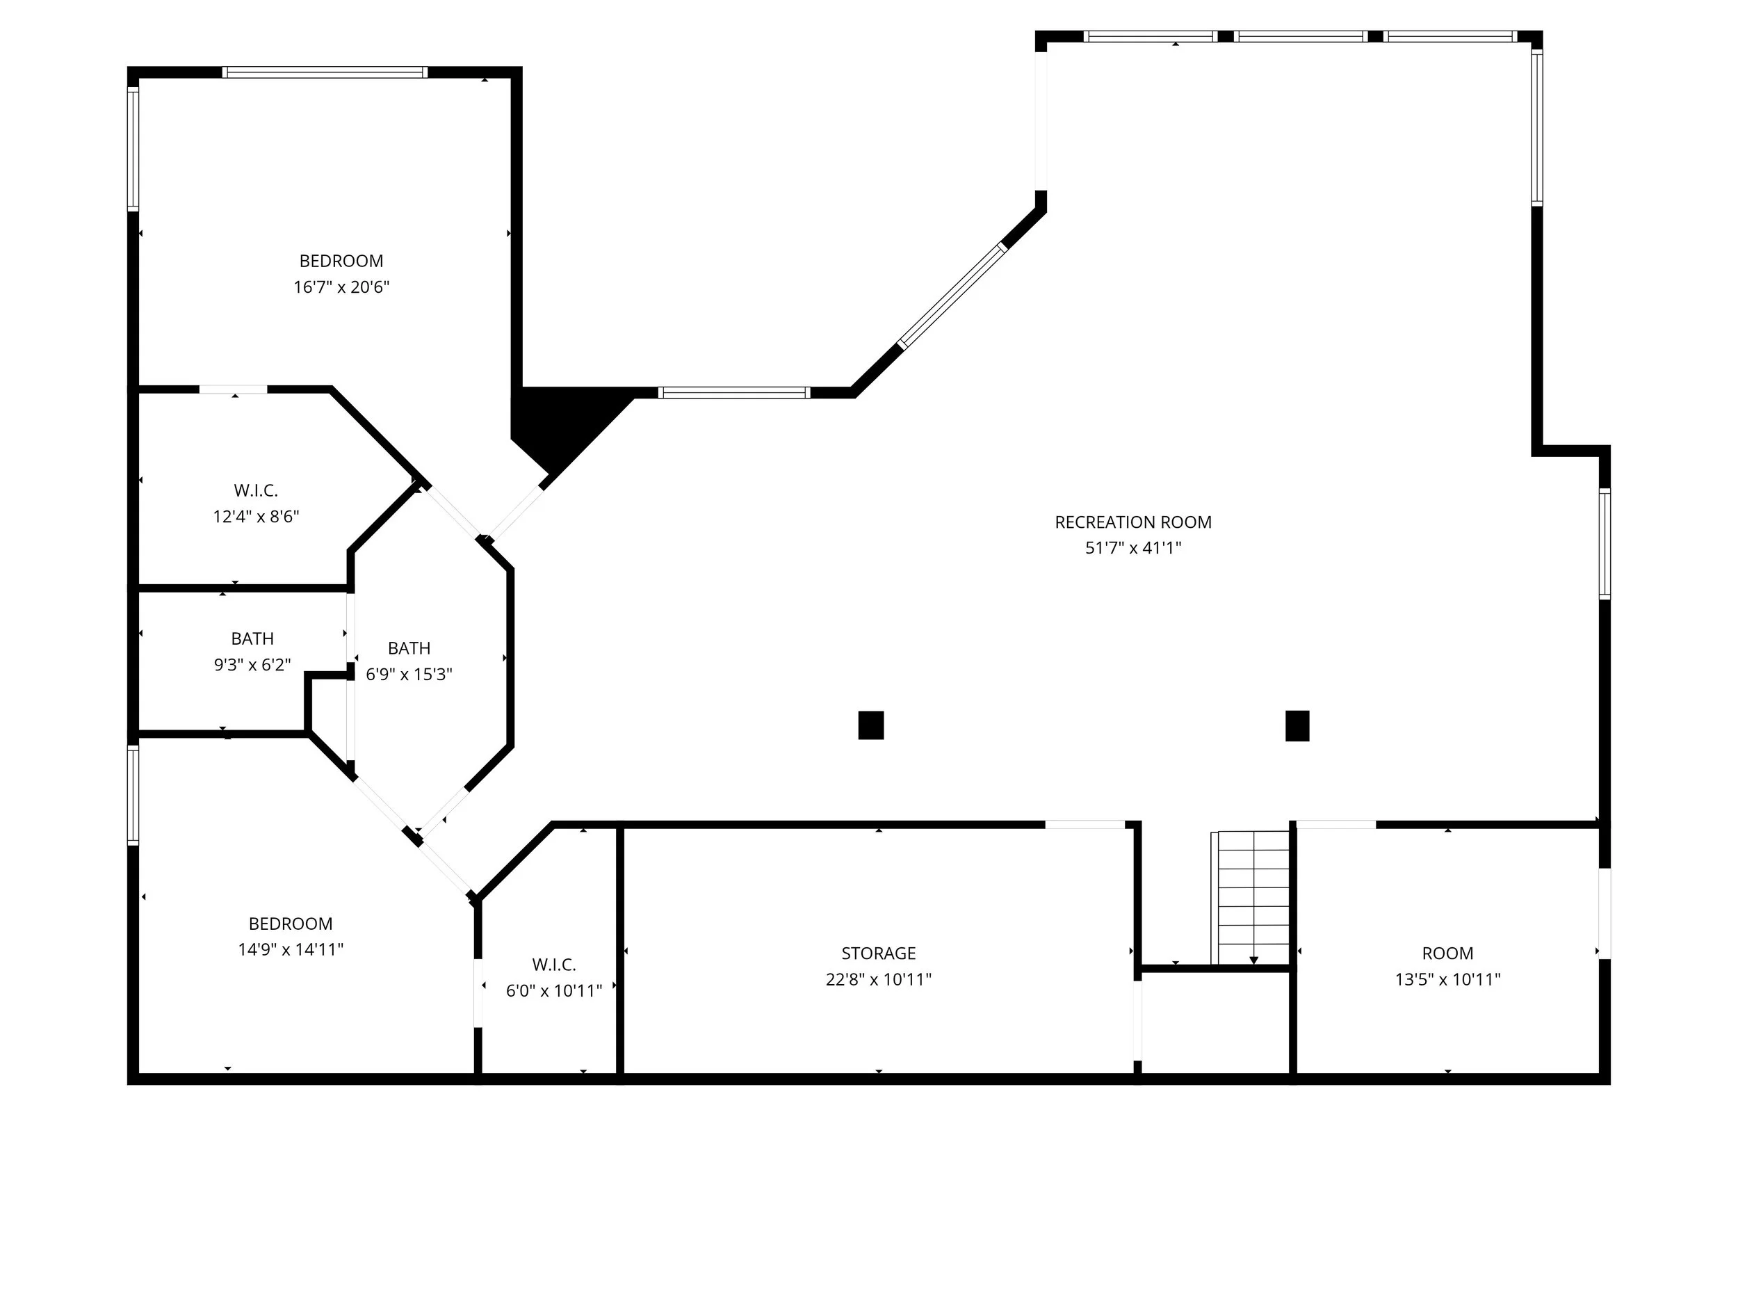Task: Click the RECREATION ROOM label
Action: pyautogui.click(x=1133, y=522)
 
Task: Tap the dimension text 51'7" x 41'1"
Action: pyautogui.click(x=1133, y=548)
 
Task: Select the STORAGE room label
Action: pyautogui.click(x=879, y=953)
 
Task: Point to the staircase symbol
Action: pyautogui.click(x=1253, y=898)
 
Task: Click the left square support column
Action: pyautogui.click(x=870, y=725)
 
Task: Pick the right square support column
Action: pyautogui.click(x=1297, y=725)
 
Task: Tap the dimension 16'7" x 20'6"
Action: pyautogui.click(x=342, y=287)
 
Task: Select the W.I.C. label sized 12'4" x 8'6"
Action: pyautogui.click(x=256, y=490)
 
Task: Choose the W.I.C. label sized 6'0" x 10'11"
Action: pyautogui.click(x=554, y=965)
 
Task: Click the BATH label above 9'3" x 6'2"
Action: pyautogui.click(x=252, y=638)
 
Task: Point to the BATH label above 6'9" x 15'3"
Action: pyautogui.click(x=409, y=648)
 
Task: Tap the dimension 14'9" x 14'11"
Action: pyautogui.click(x=291, y=949)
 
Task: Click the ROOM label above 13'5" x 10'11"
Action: pyautogui.click(x=1447, y=953)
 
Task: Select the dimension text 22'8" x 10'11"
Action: pyautogui.click(x=879, y=979)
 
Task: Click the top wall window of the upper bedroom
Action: pyautogui.click(x=325, y=72)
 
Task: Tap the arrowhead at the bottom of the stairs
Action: pyautogui.click(x=1254, y=960)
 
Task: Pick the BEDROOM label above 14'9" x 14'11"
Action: pyautogui.click(x=291, y=924)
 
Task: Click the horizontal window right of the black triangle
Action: pyautogui.click(x=734, y=393)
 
